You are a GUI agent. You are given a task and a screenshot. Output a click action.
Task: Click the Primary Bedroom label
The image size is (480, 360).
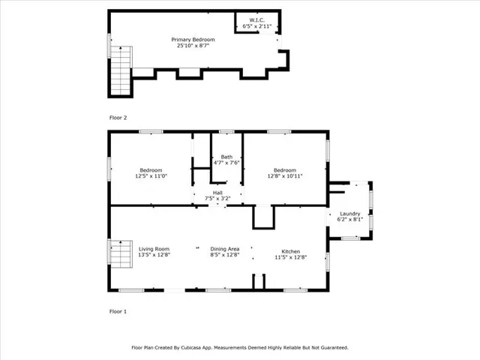point(193,39)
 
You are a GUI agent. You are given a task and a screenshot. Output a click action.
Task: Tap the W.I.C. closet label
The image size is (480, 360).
point(257,20)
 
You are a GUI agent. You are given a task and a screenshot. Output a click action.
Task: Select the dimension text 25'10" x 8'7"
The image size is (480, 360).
point(193,46)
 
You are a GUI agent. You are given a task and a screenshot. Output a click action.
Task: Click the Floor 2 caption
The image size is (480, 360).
point(118,118)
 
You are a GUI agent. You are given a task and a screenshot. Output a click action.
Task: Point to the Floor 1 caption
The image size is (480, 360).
point(118,310)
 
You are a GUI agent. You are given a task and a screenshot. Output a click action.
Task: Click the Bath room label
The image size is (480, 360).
point(226,157)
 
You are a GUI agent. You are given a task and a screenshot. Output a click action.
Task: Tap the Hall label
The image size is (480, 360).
point(217,192)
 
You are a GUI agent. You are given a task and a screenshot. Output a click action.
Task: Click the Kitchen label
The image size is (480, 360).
point(291,250)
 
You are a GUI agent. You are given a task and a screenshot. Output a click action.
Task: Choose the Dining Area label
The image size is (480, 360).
point(225,249)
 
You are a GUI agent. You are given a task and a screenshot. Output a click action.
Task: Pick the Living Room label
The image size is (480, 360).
point(154,249)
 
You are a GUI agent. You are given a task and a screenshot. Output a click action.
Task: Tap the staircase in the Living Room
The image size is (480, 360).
point(121,259)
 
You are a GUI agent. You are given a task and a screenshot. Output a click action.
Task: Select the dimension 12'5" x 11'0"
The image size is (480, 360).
point(150,176)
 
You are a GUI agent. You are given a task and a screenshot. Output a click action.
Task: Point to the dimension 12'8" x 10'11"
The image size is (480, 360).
point(285,176)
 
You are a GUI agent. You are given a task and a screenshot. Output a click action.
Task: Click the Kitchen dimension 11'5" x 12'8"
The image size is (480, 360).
point(291,256)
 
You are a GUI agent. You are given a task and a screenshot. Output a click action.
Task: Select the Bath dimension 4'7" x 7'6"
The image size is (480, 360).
point(226,163)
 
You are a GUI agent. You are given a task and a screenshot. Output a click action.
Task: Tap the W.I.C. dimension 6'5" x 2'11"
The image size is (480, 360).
point(257,26)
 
